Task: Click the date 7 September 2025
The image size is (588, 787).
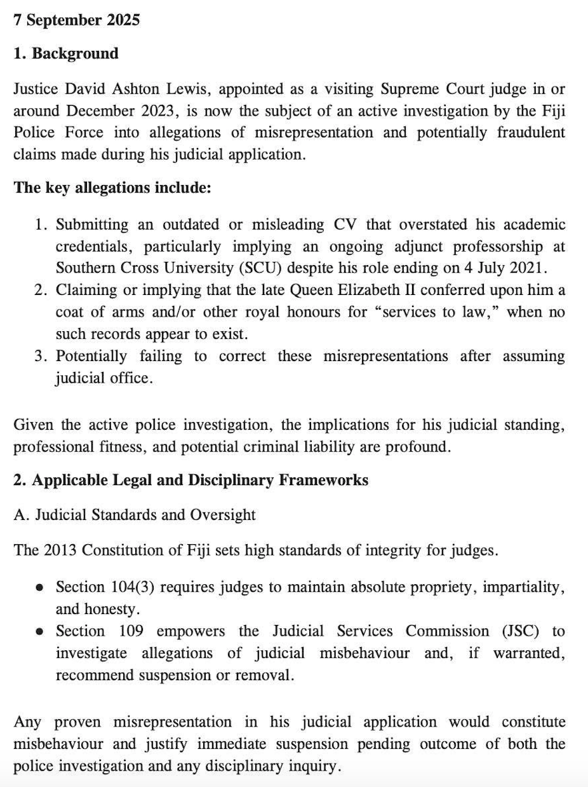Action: click(x=76, y=20)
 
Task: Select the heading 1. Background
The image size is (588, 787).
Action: click(x=66, y=53)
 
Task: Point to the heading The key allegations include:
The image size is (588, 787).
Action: click(x=112, y=188)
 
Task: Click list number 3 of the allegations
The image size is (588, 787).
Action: click(x=41, y=356)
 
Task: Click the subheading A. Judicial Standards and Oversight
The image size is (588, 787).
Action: click(x=135, y=514)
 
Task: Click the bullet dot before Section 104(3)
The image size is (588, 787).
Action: click(x=40, y=587)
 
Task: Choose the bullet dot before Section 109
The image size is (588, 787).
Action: click(x=40, y=631)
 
